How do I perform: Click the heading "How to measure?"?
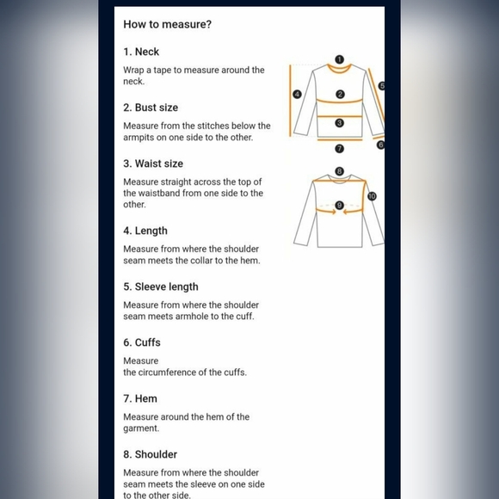click(168, 24)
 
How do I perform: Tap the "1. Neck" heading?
click(141, 52)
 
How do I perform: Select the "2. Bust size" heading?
click(151, 108)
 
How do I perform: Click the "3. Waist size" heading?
click(153, 163)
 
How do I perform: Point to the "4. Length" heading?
click(145, 231)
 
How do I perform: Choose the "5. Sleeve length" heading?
click(161, 286)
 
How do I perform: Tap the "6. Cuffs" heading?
click(142, 342)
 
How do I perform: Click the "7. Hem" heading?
click(140, 398)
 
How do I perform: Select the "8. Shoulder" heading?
click(151, 454)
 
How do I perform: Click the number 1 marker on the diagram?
click(340, 59)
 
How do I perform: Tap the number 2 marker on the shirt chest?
click(340, 94)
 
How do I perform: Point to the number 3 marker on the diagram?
click(340, 123)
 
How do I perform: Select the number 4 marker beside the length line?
click(297, 94)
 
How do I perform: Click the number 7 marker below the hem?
click(340, 149)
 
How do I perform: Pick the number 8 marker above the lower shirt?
click(340, 171)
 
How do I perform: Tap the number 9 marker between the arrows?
click(339, 206)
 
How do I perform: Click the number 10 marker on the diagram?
click(372, 196)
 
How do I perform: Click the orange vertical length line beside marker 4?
click(290, 101)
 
